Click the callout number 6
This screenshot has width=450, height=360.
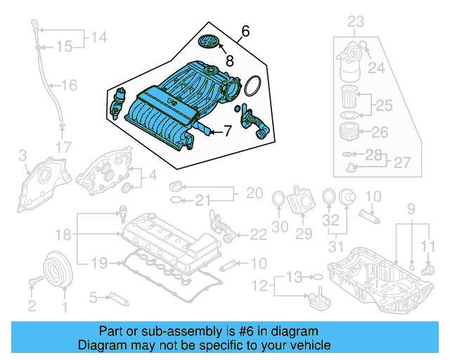point(245,31)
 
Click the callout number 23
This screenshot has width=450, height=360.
point(356,21)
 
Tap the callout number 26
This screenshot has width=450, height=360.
point(379,131)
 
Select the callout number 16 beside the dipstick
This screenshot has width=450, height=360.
point(68,86)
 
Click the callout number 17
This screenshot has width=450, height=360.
point(64,148)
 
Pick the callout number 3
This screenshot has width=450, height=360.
point(22,154)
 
